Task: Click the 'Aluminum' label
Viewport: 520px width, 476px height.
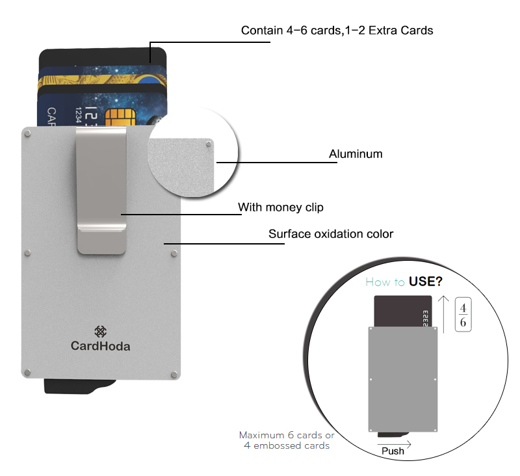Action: pos(356,154)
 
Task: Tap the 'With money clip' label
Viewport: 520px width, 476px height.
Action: pos(280,207)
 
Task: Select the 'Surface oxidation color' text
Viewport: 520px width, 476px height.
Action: pos(331,233)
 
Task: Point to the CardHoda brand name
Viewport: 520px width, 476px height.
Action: pos(100,346)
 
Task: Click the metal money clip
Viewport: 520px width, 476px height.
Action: pos(101,189)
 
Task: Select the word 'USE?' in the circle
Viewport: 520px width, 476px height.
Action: pos(430,282)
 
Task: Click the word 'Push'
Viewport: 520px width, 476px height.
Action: pos(393,451)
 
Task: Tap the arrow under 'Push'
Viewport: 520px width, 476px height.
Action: pos(394,443)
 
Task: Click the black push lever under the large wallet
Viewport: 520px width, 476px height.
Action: pos(71,386)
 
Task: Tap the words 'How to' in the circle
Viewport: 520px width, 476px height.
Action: pos(385,282)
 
